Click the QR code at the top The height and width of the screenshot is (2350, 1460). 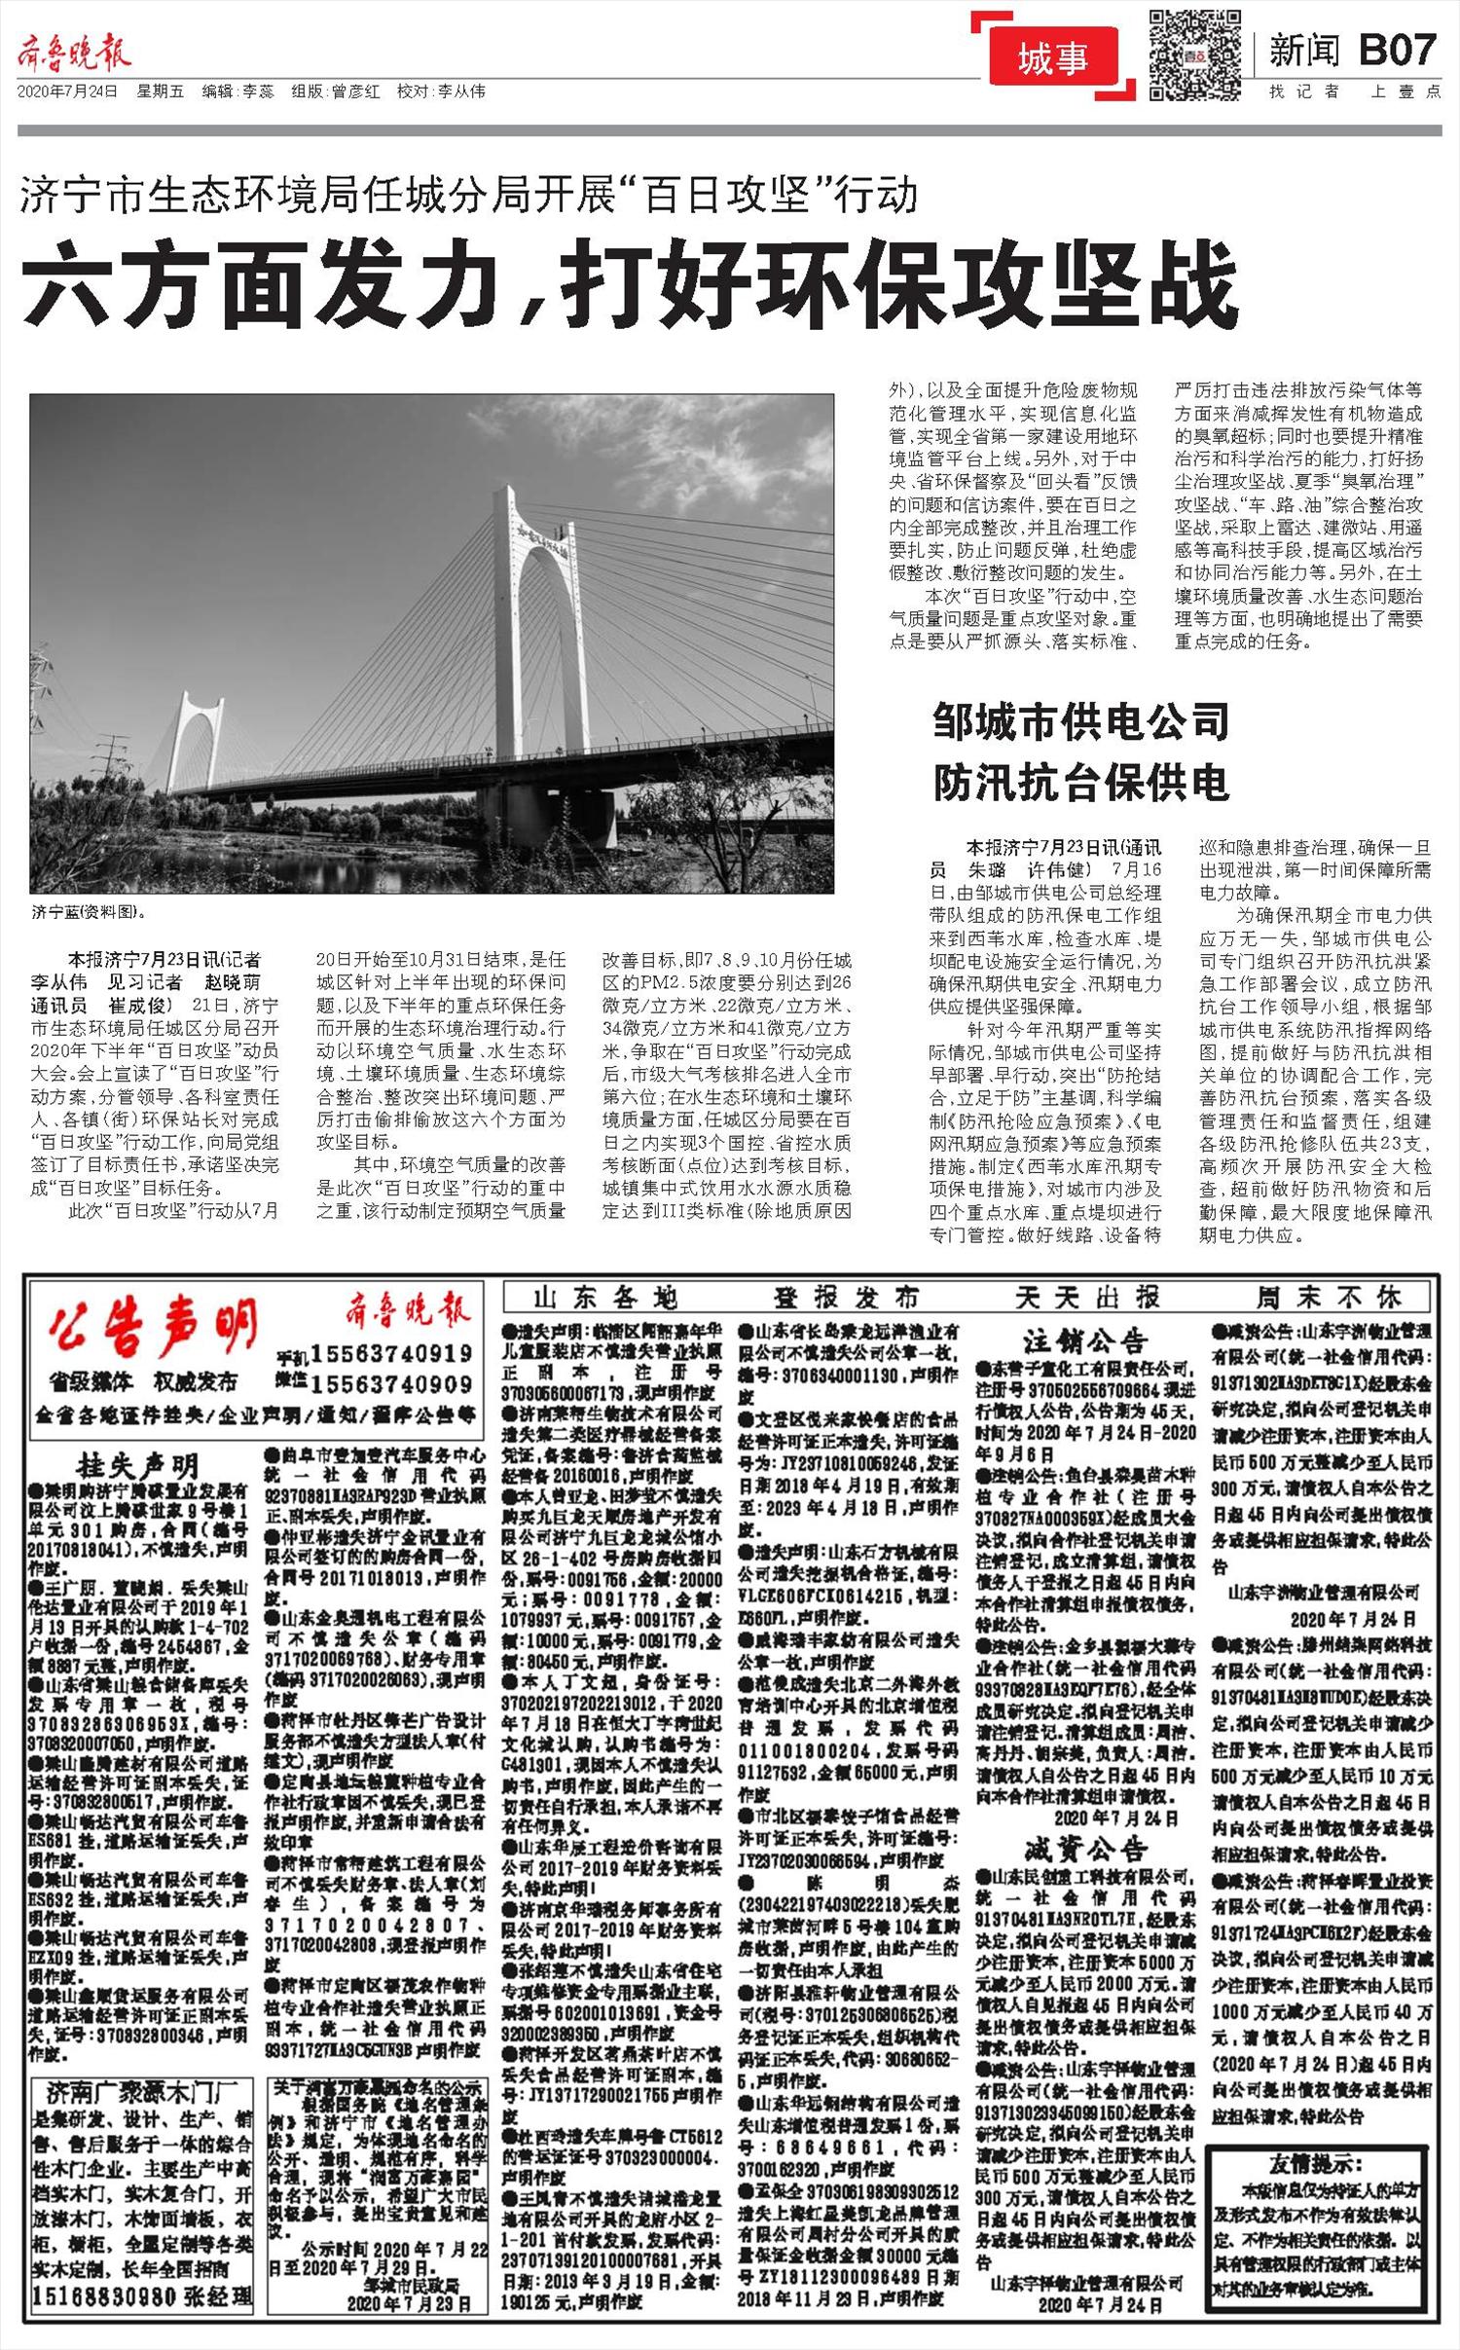[x=1195, y=54]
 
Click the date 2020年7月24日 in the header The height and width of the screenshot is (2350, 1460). [x=68, y=92]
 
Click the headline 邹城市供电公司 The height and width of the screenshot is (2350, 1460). [x=1081, y=721]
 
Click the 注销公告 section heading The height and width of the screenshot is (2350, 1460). [x=1085, y=1342]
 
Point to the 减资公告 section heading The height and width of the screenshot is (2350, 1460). [x=1085, y=1849]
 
